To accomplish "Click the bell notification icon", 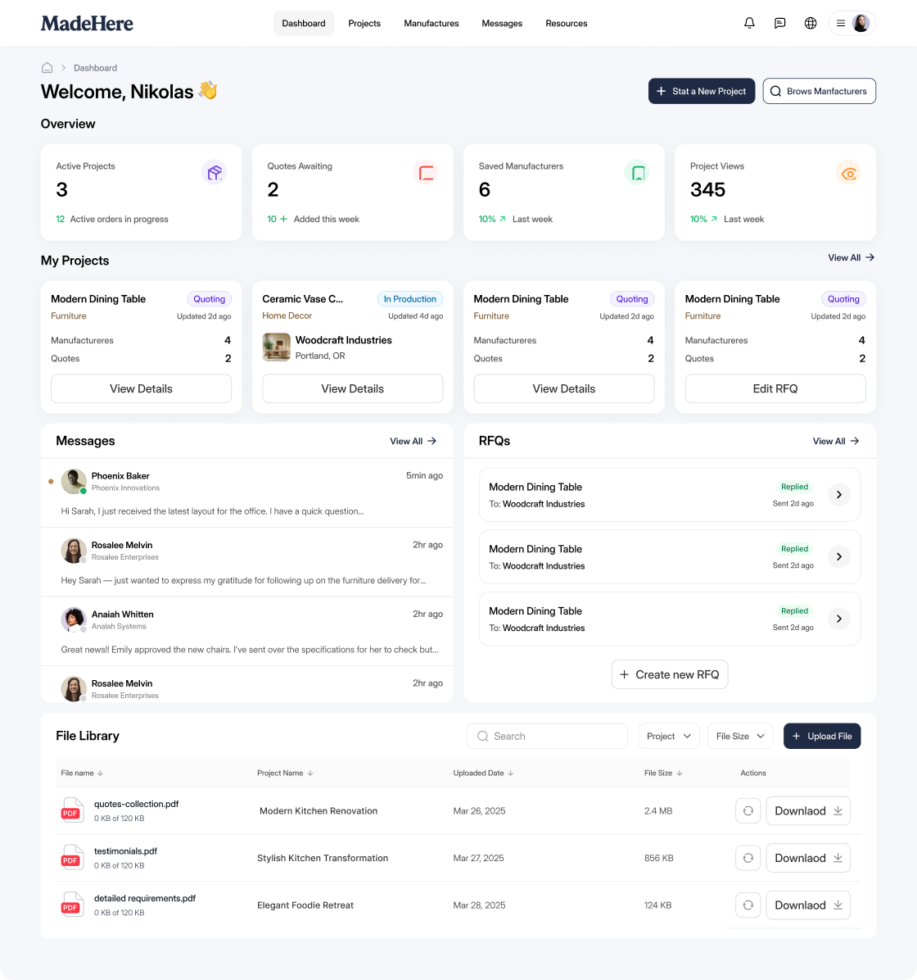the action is pyautogui.click(x=749, y=23).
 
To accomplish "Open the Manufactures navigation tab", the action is pyautogui.click(x=431, y=23).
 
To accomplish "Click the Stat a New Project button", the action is pyautogui.click(x=702, y=91).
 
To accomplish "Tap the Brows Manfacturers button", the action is pyautogui.click(x=819, y=91).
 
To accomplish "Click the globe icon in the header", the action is pyautogui.click(x=811, y=23).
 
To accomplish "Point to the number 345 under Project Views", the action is pyautogui.click(x=707, y=189).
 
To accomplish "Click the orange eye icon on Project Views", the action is pyautogui.click(x=848, y=173).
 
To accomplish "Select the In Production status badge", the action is pyautogui.click(x=409, y=299).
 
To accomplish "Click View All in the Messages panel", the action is pyautogui.click(x=413, y=442).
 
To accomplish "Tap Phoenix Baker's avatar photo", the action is pyautogui.click(x=74, y=481).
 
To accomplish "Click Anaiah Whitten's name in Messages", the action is pyautogui.click(x=123, y=615).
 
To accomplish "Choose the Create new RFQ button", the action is pyautogui.click(x=670, y=674).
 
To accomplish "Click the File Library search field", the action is pyautogui.click(x=547, y=737).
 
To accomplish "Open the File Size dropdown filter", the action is pyautogui.click(x=740, y=737).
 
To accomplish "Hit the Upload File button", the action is pyautogui.click(x=822, y=737).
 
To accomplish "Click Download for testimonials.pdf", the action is pyautogui.click(x=808, y=858).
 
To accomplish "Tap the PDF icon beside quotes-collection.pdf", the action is pyautogui.click(x=72, y=810).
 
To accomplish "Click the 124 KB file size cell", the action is pyautogui.click(x=657, y=905).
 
